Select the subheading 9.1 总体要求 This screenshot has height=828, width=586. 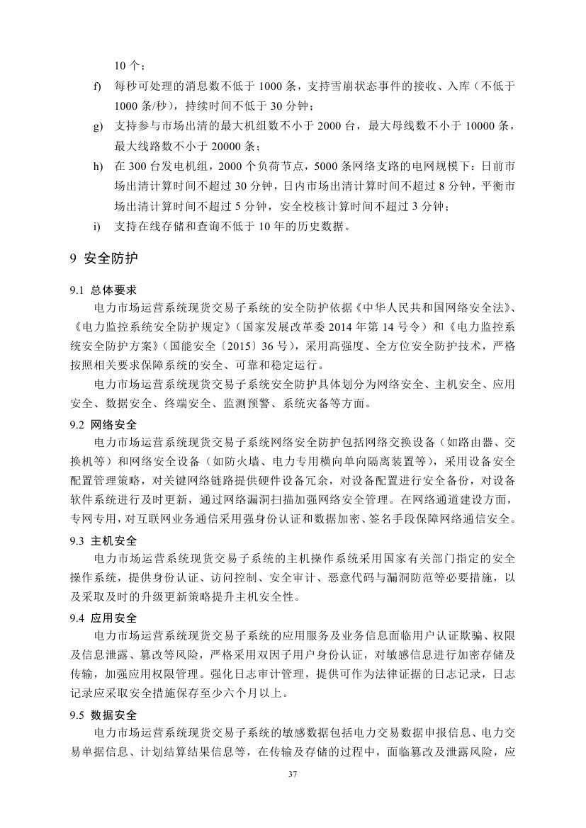(103, 290)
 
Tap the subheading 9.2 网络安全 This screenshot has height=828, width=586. (103, 425)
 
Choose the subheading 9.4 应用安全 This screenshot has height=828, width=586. (103, 618)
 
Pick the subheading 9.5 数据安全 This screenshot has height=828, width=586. (103, 715)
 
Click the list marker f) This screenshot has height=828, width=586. (97, 87)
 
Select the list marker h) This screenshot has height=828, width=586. (97, 166)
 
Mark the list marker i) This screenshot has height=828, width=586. (96, 227)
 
